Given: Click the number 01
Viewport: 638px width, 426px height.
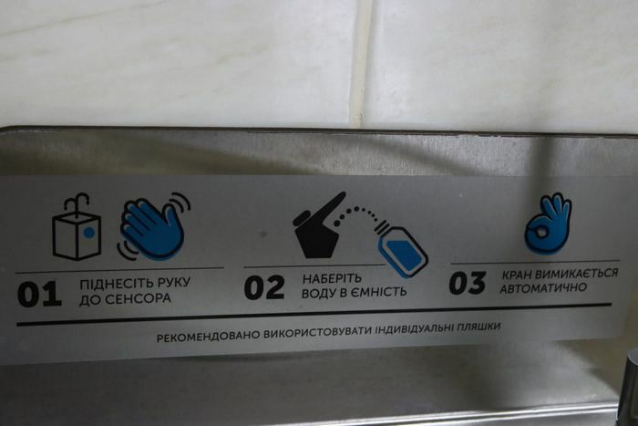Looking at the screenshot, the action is pyautogui.click(x=39, y=294).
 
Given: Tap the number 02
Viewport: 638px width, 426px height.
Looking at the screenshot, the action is pyautogui.click(x=264, y=287).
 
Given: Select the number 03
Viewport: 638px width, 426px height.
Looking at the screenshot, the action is pyautogui.click(x=468, y=283).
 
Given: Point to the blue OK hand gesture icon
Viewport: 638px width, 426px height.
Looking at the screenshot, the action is pyautogui.click(x=548, y=223).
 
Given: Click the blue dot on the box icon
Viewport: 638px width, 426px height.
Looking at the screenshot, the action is pyautogui.click(x=89, y=233).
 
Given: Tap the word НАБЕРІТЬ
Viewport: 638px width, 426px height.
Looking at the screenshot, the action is pyautogui.click(x=332, y=278).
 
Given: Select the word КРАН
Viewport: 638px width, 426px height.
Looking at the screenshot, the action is pyautogui.click(x=517, y=275).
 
